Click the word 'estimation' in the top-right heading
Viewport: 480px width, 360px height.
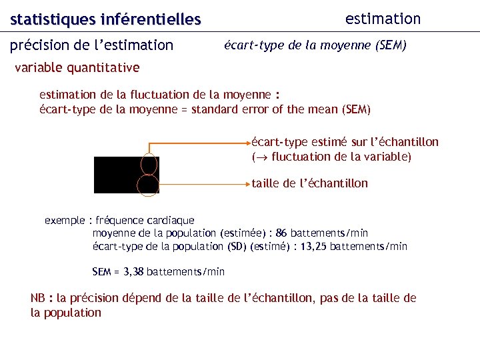tap(383, 19)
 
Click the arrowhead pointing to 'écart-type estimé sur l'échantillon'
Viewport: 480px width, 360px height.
tap(247, 143)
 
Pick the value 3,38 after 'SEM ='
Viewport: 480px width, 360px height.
tap(131, 271)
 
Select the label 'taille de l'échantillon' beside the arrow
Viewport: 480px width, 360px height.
tap(309, 183)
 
